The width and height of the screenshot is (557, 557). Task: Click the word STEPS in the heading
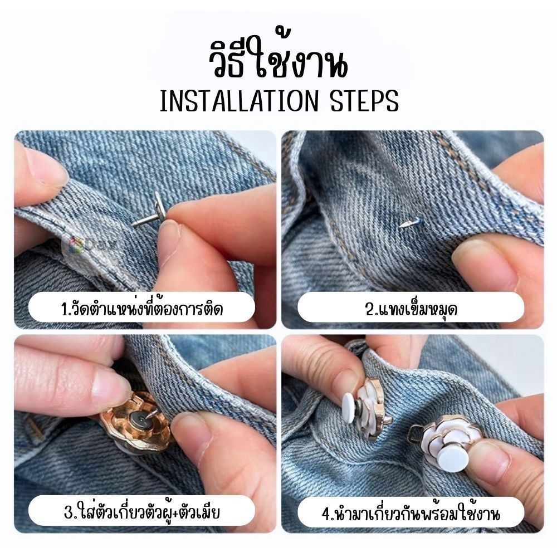364,101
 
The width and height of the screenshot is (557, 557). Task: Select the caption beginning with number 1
141,308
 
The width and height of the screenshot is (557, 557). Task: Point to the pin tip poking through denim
405,224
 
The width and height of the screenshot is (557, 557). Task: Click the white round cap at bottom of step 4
453,459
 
